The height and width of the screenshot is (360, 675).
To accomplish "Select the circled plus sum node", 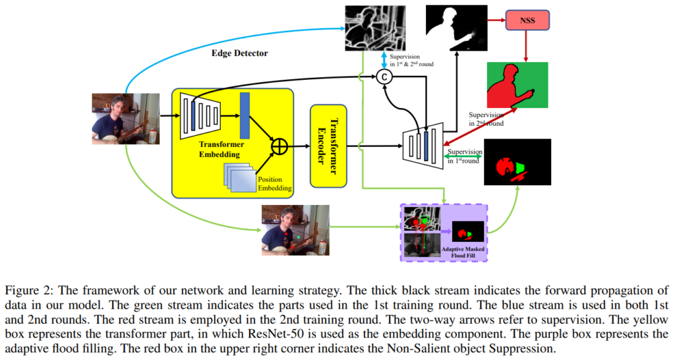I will click(x=279, y=146).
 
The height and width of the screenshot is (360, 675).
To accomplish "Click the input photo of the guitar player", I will click(x=125, y=119).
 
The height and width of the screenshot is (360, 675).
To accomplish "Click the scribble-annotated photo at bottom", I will click(x=295, y=229).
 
